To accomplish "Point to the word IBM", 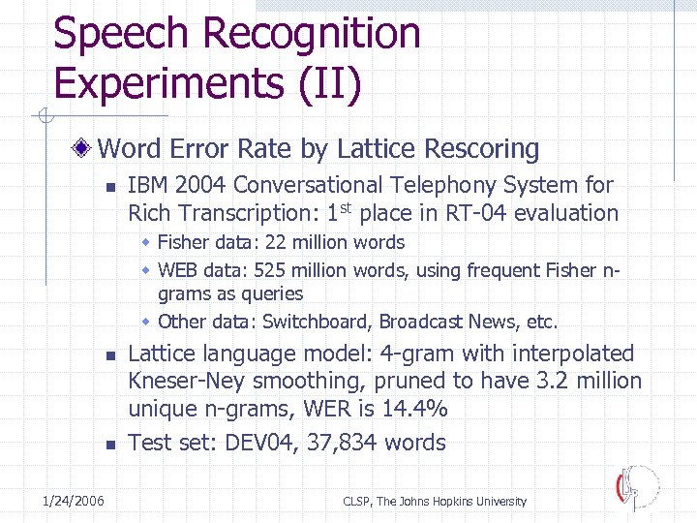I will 149,185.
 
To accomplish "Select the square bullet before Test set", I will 110,445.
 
